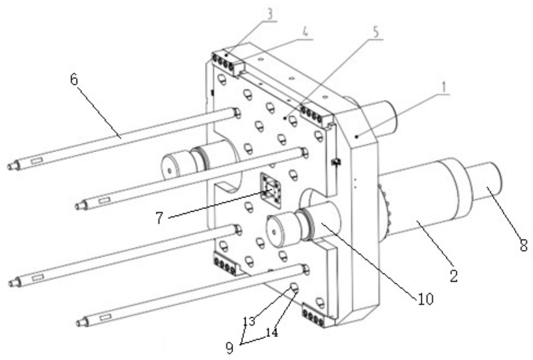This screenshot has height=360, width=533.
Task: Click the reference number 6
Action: [x=74, y=80]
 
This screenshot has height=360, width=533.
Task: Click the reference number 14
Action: [x=272, y=333]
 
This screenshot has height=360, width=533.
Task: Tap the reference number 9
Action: [x=230, y=349]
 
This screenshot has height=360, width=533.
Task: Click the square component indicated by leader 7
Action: [x=271, y=190]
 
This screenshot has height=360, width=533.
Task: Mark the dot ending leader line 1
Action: [x=357, y=136]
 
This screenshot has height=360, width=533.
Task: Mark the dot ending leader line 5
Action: [x=285, y=118]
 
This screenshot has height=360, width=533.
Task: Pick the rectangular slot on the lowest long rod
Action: [x=105, y=317]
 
